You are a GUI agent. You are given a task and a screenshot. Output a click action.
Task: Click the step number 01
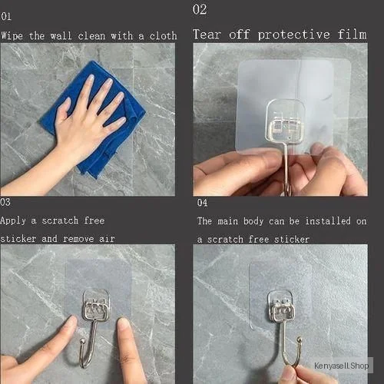click(6, 17)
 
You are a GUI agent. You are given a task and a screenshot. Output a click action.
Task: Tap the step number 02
click(200, 9)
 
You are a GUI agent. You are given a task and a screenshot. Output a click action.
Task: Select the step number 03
click(5, 202)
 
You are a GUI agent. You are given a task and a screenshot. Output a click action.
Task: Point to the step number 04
click(202, 203)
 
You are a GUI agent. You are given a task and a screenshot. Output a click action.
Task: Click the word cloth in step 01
click(163, 35)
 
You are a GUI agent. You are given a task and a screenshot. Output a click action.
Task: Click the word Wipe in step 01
click(12, 35)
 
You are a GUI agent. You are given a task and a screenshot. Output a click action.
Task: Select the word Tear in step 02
click(207, 35)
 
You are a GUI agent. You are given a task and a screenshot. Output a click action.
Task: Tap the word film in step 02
click(353, 35)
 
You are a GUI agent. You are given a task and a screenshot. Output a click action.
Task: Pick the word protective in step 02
click(293, 35)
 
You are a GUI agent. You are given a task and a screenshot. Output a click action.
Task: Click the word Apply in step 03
click(13, 220)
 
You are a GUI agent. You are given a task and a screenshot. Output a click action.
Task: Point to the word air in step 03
click(107, 239)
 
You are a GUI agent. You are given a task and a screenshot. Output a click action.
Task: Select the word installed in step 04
click(328, 220)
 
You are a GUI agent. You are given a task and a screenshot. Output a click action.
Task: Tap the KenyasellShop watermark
click(342, 366)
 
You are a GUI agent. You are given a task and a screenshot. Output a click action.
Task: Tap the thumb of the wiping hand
click(62, 110)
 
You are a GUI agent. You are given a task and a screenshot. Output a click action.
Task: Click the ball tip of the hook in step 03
click(82, 341)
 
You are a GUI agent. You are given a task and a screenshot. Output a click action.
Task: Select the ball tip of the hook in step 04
click(300, 340)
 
